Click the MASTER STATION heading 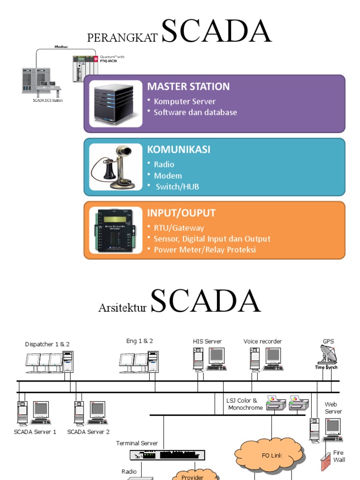coord(188,86)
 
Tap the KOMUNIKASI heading coord(179,150)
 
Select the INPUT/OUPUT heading coord(181,213)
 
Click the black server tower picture coord(116,104)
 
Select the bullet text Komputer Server coord(185,101)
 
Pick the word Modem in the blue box coord(168,176)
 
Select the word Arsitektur coord(123,308)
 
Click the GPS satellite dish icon coord(327,354)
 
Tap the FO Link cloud coord(272,455)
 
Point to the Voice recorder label coord(262,341)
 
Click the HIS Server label coord(207,341)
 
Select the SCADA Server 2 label coord(89,432)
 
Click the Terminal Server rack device coord(168,455)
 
